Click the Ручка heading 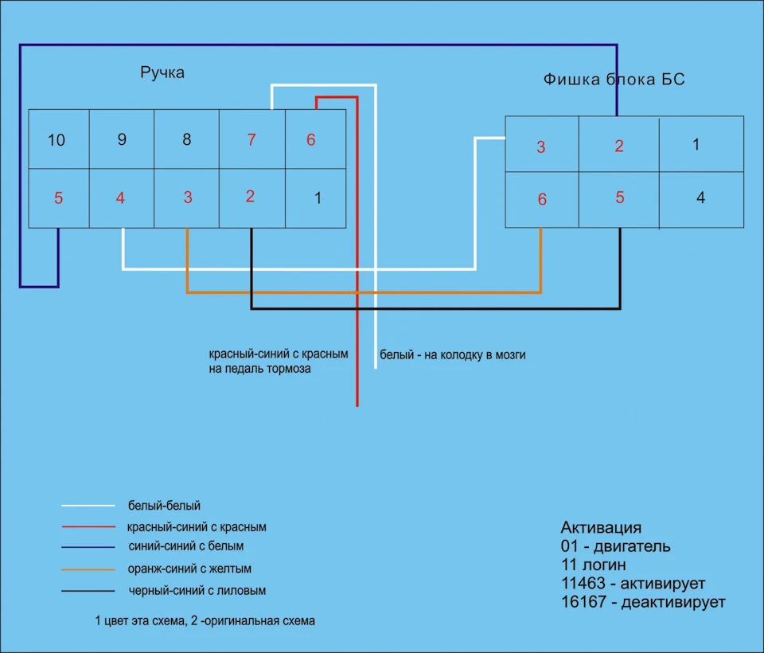pyautogui.click(x=162, y=72)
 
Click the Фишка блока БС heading pyautogui.click(x=614, y=79)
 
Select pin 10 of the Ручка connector pyautogui.click(x=57, y=140)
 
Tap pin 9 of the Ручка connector pyautogui.click(x=122, y=139)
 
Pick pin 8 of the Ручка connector pyautogui.click(x=186, y=139)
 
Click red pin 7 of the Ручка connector pyautogui.click(x=251, y=139)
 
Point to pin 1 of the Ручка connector pyautogui.click(x=318, y=197)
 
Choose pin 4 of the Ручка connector pyautogui.click(x=120, y=197)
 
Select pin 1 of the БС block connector pyautogui.click(x=696, y=144)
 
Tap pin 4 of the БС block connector pyautogui.click(x=700, y=197)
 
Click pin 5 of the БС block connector pyautogui.click(x=620, y=197)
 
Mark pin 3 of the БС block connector pyautogui.click(x=541, y=147)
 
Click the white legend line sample pyautogui.click(x=88, y=506)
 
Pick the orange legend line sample pyautogui.click(x=88, y=569)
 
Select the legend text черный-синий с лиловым pyautogui.click(x=197, y=591)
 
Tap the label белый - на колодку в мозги pyautogui.click(x=453, y=354)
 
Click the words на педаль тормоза pyautogui.click(x=259, y=369)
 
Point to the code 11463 pyautogui.click(x=583, y=583)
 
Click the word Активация pyautogui.click(x=601, y=527)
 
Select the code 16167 pyautogui.click(x=583, y=601)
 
